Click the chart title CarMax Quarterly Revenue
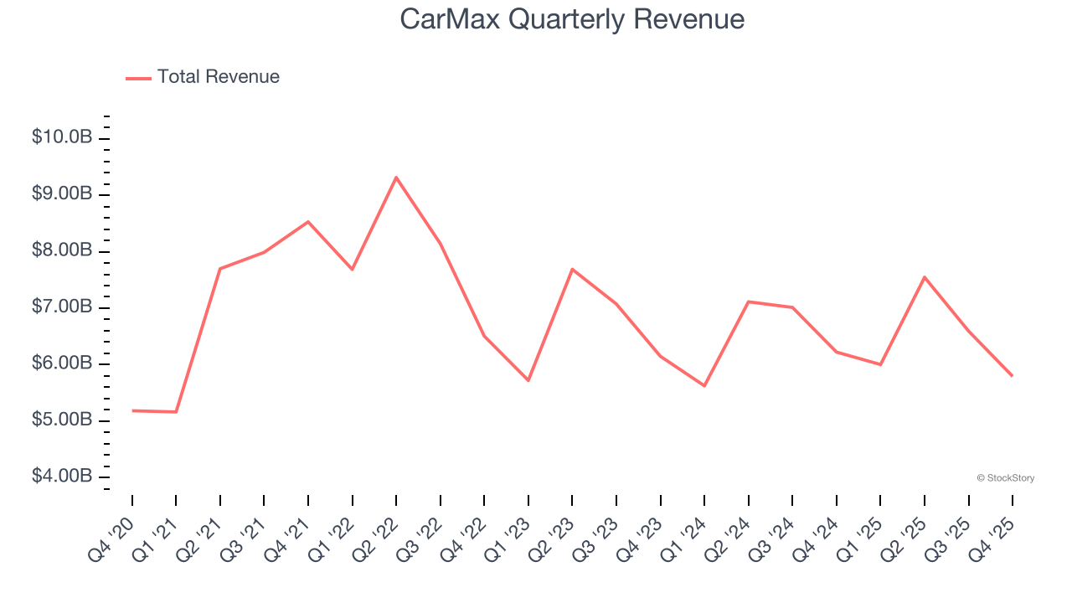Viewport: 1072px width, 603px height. point(572,19)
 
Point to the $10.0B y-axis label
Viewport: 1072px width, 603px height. point(62,137)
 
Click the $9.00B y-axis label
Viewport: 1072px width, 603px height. point(62,193)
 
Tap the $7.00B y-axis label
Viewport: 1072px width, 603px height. point(62,307)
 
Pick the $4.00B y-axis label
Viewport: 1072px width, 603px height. point(62,476)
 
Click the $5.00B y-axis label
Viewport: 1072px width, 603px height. point(62,419)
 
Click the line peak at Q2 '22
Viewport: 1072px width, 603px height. point(396,178)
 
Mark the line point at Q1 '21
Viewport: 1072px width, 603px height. point(176,412)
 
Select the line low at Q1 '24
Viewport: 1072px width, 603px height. point(704,386)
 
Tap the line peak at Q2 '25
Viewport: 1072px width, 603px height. point(925,277)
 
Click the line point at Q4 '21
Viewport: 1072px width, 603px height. point(308,222)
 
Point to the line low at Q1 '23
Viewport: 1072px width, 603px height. point(528,381)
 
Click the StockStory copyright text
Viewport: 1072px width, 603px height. point(1005,478)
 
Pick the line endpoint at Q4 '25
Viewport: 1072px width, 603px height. point(1012,376)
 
